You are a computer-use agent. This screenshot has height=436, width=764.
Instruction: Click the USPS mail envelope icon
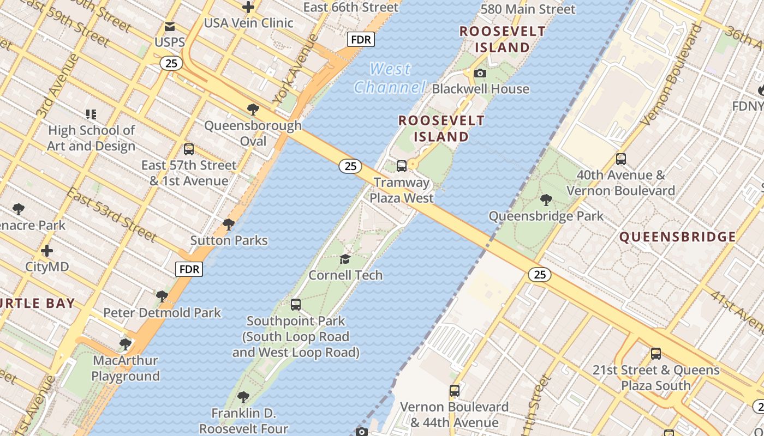tap(170, 26)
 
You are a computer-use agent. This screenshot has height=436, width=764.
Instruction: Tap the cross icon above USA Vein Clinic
tap(248, 7)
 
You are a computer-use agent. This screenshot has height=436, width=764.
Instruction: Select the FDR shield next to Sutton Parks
tap(189, 269)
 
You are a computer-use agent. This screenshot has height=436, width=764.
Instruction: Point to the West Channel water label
tap(390, 78)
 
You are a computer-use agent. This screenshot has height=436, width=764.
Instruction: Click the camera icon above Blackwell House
tap(480, 73)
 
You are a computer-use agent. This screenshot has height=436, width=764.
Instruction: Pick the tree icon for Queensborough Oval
tap(253, 110)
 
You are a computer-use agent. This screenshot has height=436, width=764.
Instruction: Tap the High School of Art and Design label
tap(91, 138)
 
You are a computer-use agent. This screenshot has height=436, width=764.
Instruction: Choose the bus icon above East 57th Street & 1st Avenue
tap(189, 149)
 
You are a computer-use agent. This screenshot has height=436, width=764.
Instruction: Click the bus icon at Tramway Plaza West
tap(402, 166)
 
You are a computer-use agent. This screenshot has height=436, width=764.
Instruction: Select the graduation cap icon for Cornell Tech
tap(345, 259)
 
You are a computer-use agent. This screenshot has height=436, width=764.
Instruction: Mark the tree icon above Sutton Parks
tap(229, 225)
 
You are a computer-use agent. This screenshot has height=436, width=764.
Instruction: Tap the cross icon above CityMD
tap(47, 251)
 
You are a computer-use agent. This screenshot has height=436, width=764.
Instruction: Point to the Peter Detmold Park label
tap(162, 313)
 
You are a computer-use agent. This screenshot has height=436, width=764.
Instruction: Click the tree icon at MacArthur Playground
tap(126, 344)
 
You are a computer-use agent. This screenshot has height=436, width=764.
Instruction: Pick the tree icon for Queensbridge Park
tap(546, 200)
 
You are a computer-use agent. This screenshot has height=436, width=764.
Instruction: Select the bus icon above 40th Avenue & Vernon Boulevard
tap(621, 159)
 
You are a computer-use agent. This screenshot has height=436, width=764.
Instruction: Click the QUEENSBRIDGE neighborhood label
tap(678, 237)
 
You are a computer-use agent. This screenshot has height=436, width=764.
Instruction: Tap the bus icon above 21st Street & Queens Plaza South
tap(656, 354)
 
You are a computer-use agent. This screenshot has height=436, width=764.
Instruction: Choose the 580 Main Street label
tap(528, 9)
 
